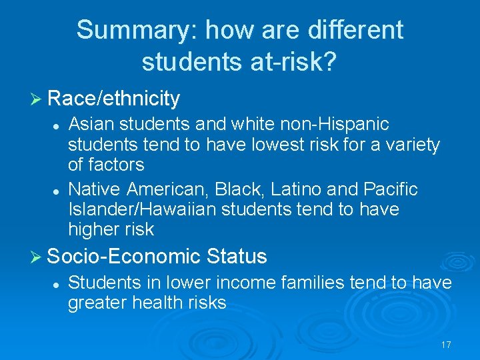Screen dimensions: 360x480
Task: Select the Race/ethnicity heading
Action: [x=114, y=99]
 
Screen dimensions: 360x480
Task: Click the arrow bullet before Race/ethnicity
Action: [x=37, y=99]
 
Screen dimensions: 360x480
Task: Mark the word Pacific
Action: [x=390, y=189]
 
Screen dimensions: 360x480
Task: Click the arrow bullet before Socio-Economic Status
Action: [x=37, y=256]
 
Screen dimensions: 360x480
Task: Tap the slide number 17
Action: [x=446, y=345]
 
